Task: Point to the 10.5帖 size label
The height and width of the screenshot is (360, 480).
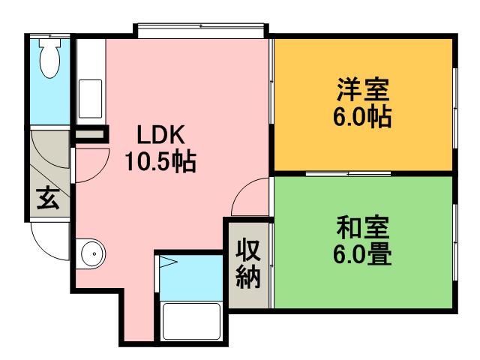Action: [160, 160]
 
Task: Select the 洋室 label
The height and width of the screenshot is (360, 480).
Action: [361, 93]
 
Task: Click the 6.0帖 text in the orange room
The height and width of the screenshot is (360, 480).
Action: [361, 118]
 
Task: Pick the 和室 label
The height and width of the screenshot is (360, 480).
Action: [361, 227]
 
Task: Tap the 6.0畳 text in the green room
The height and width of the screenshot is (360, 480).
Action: [361, 253]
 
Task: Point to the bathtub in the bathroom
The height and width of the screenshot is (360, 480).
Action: [191, 321]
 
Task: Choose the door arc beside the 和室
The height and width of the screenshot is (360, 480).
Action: [249, 198]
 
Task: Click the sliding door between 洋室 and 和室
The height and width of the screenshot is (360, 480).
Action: [349, 174]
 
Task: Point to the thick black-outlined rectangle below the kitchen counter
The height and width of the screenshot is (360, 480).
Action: [90, 136]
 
